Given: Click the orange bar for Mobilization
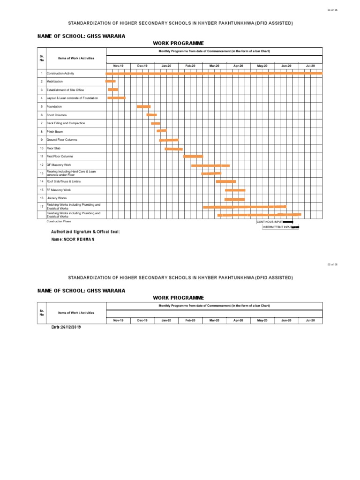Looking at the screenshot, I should (x=110, y=82).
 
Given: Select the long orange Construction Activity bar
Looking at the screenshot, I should (x=214, y=74).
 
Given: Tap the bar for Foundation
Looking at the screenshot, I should (x=143, y=107).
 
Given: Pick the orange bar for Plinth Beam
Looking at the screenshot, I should (x=161, y=131).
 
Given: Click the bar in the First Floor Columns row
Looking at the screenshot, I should (x=193, y=157).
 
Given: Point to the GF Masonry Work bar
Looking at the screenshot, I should (x=210, y=165).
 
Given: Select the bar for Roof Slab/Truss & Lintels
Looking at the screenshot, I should (x=225, y=181).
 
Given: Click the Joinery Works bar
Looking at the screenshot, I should (x=234, y=199).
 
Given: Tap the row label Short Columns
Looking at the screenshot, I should (x=57, y=115).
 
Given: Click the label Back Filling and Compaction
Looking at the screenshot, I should (x=66, y=123).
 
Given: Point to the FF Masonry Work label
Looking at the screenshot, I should (x=59, y=190).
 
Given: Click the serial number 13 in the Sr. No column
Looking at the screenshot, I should (x=42, y=173).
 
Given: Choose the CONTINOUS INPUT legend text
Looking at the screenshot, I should (x=270, y=222).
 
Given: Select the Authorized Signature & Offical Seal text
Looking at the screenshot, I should (x=85, y=232).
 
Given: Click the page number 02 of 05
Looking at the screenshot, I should (x=332, y=265).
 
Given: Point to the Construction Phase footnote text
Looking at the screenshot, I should (x=59, y=221).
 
